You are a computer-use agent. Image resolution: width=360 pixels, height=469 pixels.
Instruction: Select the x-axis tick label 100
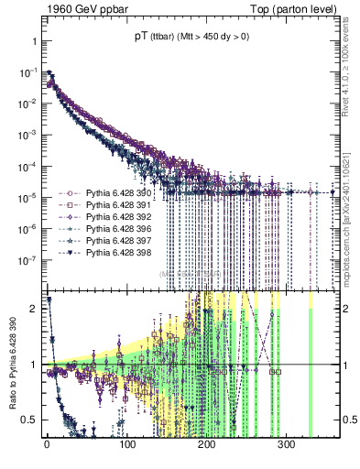[126, 444]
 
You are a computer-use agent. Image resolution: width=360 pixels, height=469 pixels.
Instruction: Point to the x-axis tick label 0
[47, 444]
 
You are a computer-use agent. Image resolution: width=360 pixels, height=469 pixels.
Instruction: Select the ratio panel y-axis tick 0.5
[30, 420]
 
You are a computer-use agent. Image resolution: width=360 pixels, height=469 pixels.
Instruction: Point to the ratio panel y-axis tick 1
[35, 365]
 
